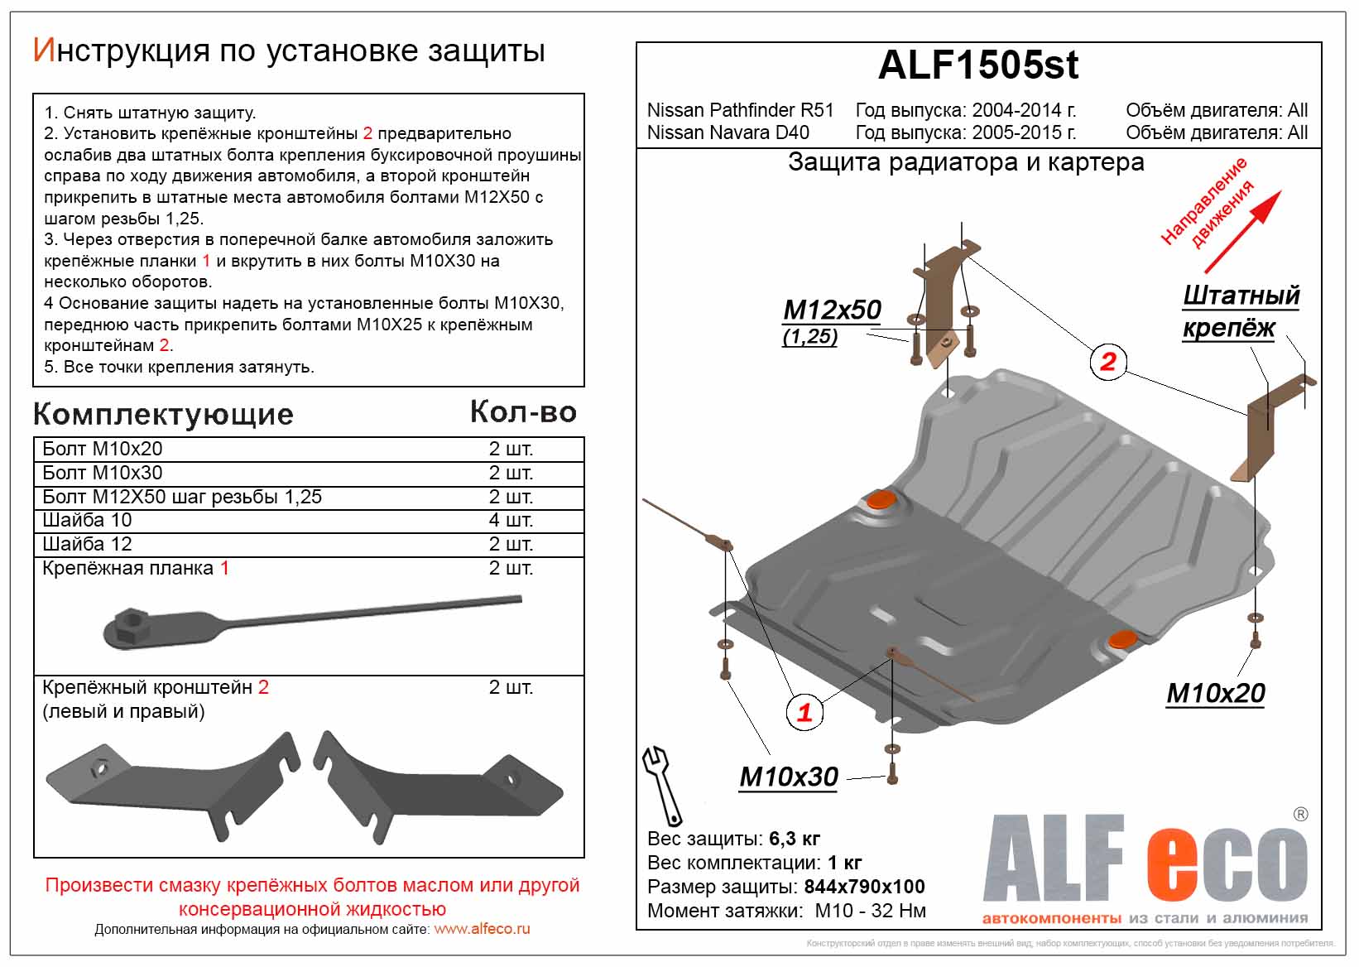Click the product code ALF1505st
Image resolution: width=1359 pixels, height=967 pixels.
coord(977,65)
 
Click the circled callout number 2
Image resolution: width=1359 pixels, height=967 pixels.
coord(1108,361)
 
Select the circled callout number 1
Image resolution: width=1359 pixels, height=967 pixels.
coord(804,712)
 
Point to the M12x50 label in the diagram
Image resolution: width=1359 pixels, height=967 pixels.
coord(832,310)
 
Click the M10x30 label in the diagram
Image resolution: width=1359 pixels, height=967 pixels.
coord(788,777)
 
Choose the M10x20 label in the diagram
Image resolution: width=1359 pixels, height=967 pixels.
coord(1215,693)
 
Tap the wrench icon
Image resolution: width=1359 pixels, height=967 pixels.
coord(662,784)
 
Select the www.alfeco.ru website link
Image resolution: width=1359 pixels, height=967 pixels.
coord(482,929)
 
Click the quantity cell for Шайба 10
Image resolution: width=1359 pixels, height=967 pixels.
coord(511,520)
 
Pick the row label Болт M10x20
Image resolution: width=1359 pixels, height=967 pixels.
coord(103,449)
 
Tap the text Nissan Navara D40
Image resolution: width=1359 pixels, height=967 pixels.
coord(728,132)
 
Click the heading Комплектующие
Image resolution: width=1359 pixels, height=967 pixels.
coord(163,414)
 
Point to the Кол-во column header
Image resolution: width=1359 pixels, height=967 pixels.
coord(523,412)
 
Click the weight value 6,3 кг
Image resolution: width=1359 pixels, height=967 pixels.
coord(794,839)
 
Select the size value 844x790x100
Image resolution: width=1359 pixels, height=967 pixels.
coord(864,887)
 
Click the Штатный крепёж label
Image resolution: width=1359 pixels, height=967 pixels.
coord(1240,311)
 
